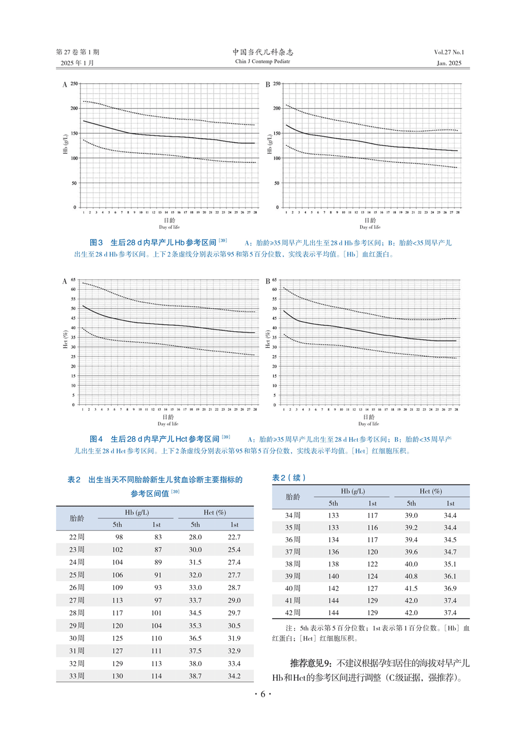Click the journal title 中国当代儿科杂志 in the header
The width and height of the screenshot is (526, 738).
pos(262,52)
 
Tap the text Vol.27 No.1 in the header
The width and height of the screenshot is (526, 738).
pos(449,52)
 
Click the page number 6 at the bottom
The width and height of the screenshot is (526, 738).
pos(262,694)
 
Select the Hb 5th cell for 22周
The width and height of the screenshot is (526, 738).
pos(119,537)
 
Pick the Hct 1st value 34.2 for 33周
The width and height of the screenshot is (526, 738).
pos(234,676)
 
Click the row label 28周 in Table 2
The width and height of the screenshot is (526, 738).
pos(77,613)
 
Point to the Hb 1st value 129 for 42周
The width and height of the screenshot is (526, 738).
pos(372,612)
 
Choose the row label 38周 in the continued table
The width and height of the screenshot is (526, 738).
pos(293,564)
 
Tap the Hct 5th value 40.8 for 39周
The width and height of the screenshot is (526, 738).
pos(411,576)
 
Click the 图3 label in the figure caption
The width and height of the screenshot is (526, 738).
pos(96,242)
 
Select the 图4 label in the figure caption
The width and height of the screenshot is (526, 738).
pos(96,439)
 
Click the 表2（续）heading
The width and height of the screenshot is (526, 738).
pos(289,477)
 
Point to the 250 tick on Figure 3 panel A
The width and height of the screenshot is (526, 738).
pos(74,84)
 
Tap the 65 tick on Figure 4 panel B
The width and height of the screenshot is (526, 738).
pos(275,280)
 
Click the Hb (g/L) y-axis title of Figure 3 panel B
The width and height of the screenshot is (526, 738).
pos(269,144)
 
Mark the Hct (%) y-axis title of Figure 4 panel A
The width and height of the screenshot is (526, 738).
pos(65,340)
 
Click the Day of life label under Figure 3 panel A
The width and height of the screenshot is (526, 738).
pos(169,227)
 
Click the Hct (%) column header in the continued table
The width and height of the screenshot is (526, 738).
pos(430,491)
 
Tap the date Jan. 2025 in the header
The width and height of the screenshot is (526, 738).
pos(449,63)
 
